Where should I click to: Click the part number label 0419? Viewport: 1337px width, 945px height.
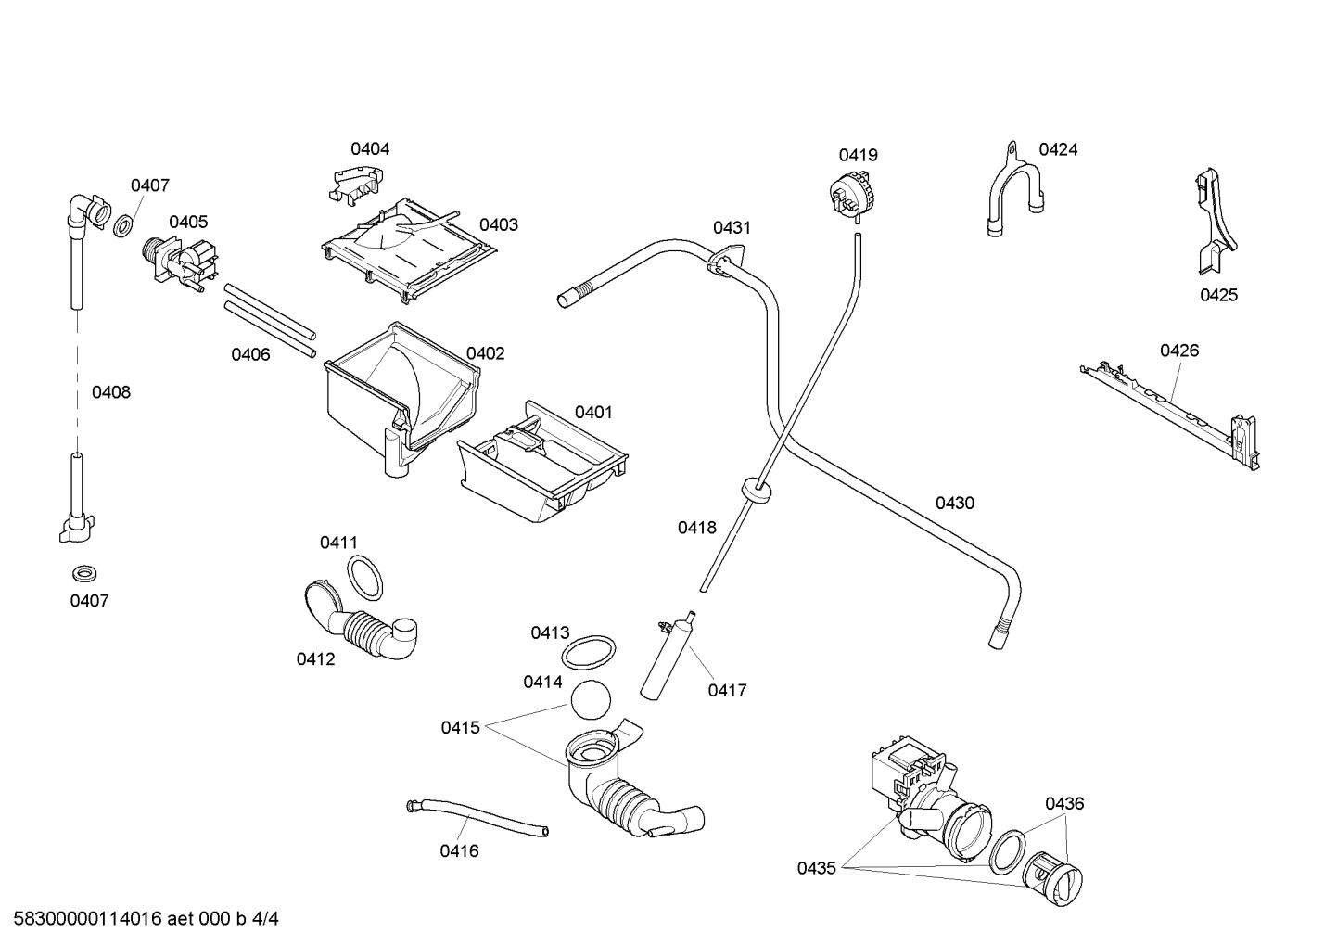(x=858, y=155)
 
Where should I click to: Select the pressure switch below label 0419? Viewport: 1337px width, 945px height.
(x=851, y=194)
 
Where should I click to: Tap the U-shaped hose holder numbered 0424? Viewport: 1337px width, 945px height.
(x=1014, y=190)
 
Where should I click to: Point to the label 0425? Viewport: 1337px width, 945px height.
(x=1219, y=295)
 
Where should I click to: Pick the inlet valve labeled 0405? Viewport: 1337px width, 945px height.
(x=180, y=264)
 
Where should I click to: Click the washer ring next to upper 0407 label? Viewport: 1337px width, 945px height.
(x=123, y=227)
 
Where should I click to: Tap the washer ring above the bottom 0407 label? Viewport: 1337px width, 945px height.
(x=84, y=573)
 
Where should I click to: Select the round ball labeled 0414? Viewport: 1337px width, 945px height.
(x=591, y=699)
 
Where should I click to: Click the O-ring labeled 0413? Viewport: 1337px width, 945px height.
(x=588, y=653)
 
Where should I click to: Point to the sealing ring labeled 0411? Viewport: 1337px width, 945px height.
(x=365, y=577)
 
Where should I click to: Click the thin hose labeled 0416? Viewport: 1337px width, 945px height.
(x=477, y=817)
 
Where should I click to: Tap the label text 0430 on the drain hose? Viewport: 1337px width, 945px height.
(x=954, y=504)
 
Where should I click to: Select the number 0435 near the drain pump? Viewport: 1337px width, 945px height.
(x=817, y=869)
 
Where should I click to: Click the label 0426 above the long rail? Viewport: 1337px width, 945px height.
(x=1179, y=351)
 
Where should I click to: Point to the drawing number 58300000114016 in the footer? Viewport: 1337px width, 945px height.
(x=88, y=919)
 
